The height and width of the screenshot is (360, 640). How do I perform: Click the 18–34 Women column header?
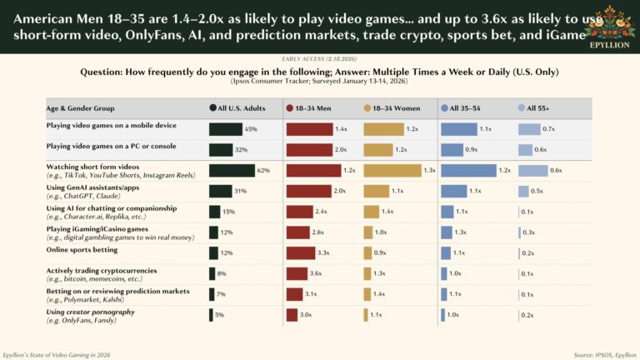tap(395, 108)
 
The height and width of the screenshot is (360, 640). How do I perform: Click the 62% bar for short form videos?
tap(232, 170)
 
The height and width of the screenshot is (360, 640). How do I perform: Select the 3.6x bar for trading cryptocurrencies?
tap(302, 273)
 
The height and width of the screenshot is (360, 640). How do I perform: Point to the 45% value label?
tap(251, 129)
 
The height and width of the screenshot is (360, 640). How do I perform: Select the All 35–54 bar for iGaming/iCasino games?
tap(447, 232)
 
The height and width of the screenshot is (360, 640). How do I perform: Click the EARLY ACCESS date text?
tap(319, 61)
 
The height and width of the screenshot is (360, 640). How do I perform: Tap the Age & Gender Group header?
tap(81, 108)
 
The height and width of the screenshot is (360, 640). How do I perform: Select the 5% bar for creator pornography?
tap(211, 314)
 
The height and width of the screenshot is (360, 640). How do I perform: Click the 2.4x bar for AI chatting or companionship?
tap(298, 212)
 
